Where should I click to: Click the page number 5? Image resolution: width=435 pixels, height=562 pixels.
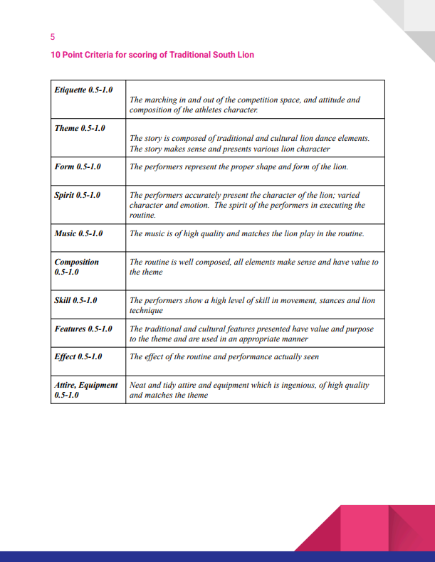coord(53,36)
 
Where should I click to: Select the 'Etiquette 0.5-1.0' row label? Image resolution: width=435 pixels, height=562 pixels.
coord(83,90)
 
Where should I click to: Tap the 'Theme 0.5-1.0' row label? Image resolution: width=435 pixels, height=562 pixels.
coord(80,128)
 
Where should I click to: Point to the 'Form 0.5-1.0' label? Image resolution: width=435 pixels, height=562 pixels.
coord(78,166)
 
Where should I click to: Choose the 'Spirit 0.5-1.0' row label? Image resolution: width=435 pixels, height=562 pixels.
coord(78,194)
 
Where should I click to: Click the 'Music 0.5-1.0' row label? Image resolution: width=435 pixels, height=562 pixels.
coord(78,233)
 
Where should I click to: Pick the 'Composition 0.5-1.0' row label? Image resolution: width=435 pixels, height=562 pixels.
coord(77,267)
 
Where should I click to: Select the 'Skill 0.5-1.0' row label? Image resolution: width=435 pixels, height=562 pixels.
coord(76,300)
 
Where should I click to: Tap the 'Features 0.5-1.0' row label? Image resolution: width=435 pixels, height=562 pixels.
coord(83,329)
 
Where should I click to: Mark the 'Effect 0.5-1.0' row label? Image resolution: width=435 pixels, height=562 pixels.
coord(78,356)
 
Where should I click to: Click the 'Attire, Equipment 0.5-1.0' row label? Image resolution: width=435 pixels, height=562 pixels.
coord(85,390)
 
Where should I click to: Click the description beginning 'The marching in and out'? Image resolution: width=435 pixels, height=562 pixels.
coord(244,105)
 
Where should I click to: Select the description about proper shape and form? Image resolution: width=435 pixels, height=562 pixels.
coord(239,166)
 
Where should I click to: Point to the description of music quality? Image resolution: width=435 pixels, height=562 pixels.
coord(246,233)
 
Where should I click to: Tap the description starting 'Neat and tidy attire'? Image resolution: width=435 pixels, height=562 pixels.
coord(248,390)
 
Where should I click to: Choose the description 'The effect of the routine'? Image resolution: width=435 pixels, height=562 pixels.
coord(224,356)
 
